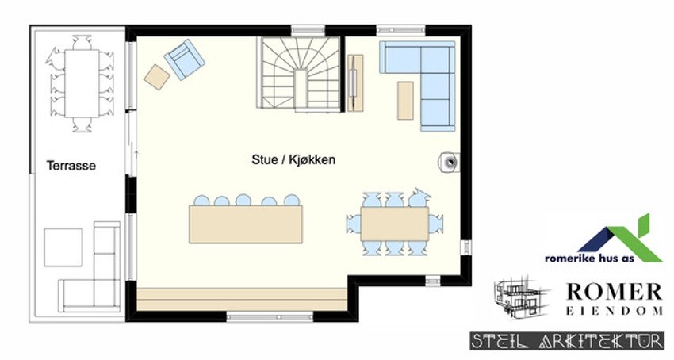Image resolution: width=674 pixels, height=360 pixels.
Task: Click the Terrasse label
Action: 71,167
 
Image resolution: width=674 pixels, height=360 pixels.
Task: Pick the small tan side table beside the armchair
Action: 157,75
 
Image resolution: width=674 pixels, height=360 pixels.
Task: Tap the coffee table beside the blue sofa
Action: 406,100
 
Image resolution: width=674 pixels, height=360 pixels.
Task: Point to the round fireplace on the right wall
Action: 450,162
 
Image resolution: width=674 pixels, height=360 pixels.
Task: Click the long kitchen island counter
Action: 246,223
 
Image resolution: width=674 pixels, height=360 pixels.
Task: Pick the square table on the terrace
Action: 63,247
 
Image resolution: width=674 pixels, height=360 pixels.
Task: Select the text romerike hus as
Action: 580,258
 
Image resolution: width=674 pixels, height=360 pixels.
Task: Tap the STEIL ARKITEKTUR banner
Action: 568,342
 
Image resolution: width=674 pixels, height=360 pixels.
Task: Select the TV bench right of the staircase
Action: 356,82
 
